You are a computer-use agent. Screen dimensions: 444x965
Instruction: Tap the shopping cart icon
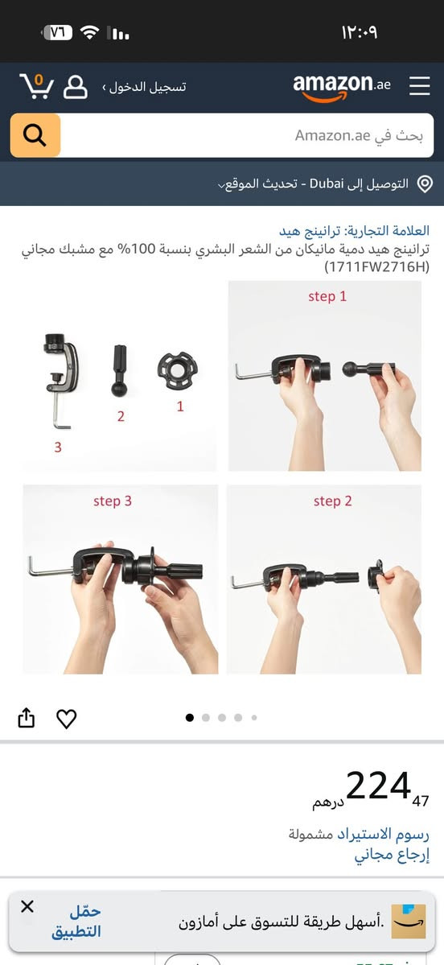(36, 86)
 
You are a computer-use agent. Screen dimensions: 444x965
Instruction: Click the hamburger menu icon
(419, 85)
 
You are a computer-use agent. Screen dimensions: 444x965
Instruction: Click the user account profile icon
(76, 87)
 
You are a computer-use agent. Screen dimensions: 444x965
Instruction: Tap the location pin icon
(425, 184)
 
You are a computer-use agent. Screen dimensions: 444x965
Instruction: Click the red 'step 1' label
(327, 297)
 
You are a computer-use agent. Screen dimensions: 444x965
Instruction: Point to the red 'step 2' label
(333, 501)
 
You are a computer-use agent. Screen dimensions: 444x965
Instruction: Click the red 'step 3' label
(113, 501)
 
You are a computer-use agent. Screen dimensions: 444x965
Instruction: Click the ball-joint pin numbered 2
(120, 370)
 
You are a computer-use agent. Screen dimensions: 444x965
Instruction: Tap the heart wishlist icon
(67, 719)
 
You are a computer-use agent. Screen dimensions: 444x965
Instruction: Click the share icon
(27, 718)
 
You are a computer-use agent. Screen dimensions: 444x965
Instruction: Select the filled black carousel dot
(189, 717)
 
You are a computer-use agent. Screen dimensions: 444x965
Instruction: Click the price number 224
(378, 786)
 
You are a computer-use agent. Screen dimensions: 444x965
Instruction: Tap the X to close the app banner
(27, 906)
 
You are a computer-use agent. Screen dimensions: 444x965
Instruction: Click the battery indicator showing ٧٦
(57, 33)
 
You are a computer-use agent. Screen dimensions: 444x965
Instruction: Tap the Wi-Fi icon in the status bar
(90, 33)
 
